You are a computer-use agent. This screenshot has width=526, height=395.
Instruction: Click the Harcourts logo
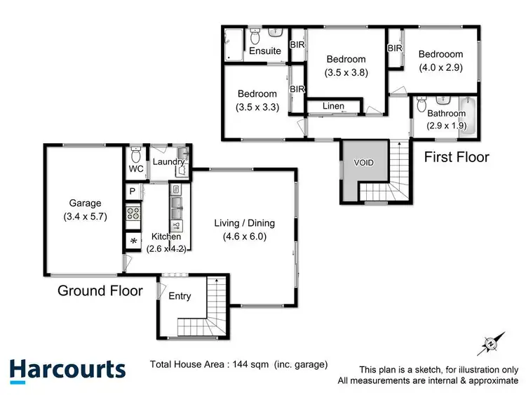[x=67, y=369]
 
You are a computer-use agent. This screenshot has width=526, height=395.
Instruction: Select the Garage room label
[x=84, y=203]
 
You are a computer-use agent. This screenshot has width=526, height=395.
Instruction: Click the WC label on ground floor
[x=135, y=169]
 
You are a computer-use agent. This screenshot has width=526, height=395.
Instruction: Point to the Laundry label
[x=168, y=162]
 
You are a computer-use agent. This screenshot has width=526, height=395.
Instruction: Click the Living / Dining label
[x=244, y=223]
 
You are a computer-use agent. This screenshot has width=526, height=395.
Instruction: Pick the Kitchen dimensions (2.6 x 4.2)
[x=166, y=248]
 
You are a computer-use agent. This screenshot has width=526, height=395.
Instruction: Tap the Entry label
[x=180, y=296]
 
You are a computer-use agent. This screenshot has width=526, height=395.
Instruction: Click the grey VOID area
[x=363, y=163]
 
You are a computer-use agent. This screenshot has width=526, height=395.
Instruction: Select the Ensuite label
[x=265, y=51]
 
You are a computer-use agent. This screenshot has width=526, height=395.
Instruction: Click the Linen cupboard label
[x=333, y=106]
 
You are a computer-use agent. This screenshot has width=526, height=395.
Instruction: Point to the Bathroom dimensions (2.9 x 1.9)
[x=446, y=126]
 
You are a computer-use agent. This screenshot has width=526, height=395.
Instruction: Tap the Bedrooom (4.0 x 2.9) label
[x=441, y=54]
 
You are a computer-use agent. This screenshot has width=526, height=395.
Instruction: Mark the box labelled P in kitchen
[x=132, y=192]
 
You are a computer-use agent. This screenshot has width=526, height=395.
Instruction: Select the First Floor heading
[x=457, y=157]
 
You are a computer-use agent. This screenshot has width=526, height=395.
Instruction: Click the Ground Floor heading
[x=100, y=290]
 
